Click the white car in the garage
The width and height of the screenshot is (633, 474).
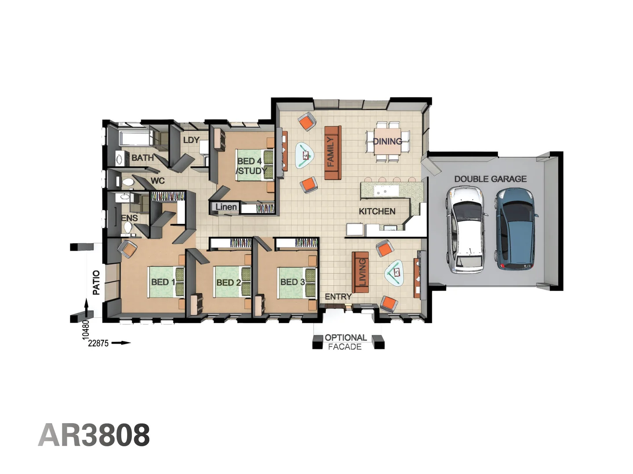click(466, 230)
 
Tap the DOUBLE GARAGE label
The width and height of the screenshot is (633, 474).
click(490, 179)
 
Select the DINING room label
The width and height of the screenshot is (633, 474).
click(387, 141)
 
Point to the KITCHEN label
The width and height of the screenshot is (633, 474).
click(377, 212)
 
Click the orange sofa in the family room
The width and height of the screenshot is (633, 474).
click(332, 152)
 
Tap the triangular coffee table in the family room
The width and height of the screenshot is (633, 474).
click(305, 155)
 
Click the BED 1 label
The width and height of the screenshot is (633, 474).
click(163, 282)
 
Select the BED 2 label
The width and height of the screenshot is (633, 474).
click(228, 283)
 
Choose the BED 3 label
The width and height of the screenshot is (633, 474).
click(292, 282)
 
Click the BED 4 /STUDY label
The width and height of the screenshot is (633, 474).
click(251, 166)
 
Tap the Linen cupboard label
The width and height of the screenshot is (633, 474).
click(226, 207)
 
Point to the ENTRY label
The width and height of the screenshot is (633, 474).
click(338, 297)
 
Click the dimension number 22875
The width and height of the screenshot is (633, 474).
click(98, 343)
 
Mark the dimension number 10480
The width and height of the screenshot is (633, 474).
click(86, 329)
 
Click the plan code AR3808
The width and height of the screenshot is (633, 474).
click(94, 435)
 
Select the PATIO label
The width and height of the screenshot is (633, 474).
click(96, 282)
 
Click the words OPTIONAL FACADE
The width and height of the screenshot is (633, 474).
click(345, 342)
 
